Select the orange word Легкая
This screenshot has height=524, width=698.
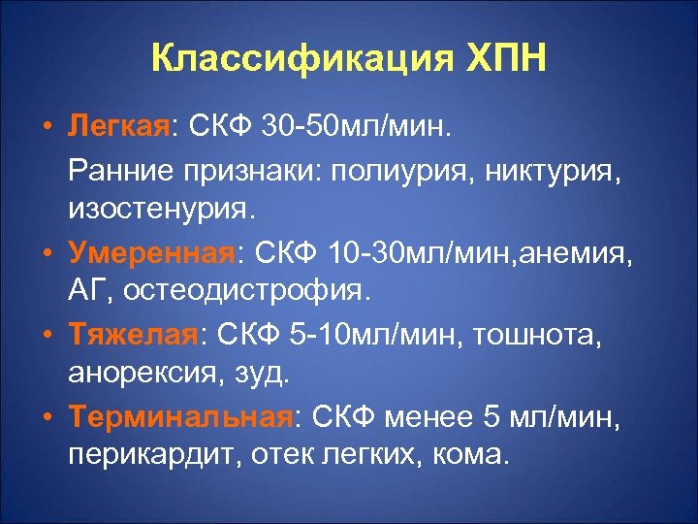pos(117,128)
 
